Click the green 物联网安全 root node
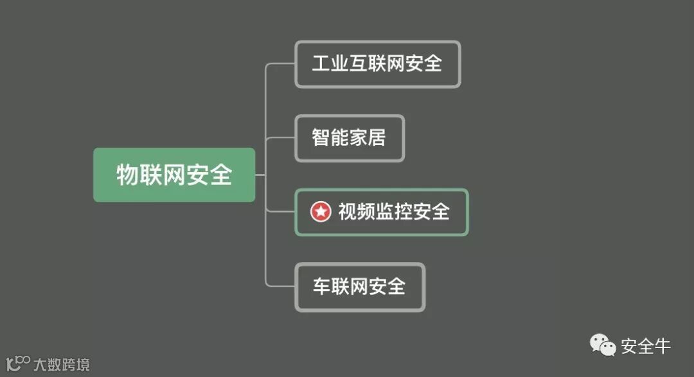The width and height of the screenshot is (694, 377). coord(174,175)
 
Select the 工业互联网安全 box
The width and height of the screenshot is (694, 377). coord(377,64)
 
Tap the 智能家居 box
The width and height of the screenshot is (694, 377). coord(349,138)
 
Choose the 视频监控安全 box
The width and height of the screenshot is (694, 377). coord(381,212)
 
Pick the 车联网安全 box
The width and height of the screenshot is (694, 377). coord(359,286)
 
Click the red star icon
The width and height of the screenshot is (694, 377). coord(321,211)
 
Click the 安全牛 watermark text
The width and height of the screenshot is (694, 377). coord(645,347)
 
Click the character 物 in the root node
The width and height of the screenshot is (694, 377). coord(127,175)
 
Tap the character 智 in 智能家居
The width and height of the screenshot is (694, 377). coord(321,138)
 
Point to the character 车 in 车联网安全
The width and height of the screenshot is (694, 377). coord(321,286)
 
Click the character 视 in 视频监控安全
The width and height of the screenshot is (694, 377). coord(348,212)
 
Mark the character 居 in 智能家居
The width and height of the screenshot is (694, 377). coord(377,138)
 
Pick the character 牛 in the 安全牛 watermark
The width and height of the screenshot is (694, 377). coord(662,347)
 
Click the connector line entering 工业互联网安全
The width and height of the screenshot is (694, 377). coord(281,64)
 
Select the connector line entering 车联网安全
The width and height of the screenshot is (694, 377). coord(281,286)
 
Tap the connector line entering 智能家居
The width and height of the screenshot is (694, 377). coord(281,138)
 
